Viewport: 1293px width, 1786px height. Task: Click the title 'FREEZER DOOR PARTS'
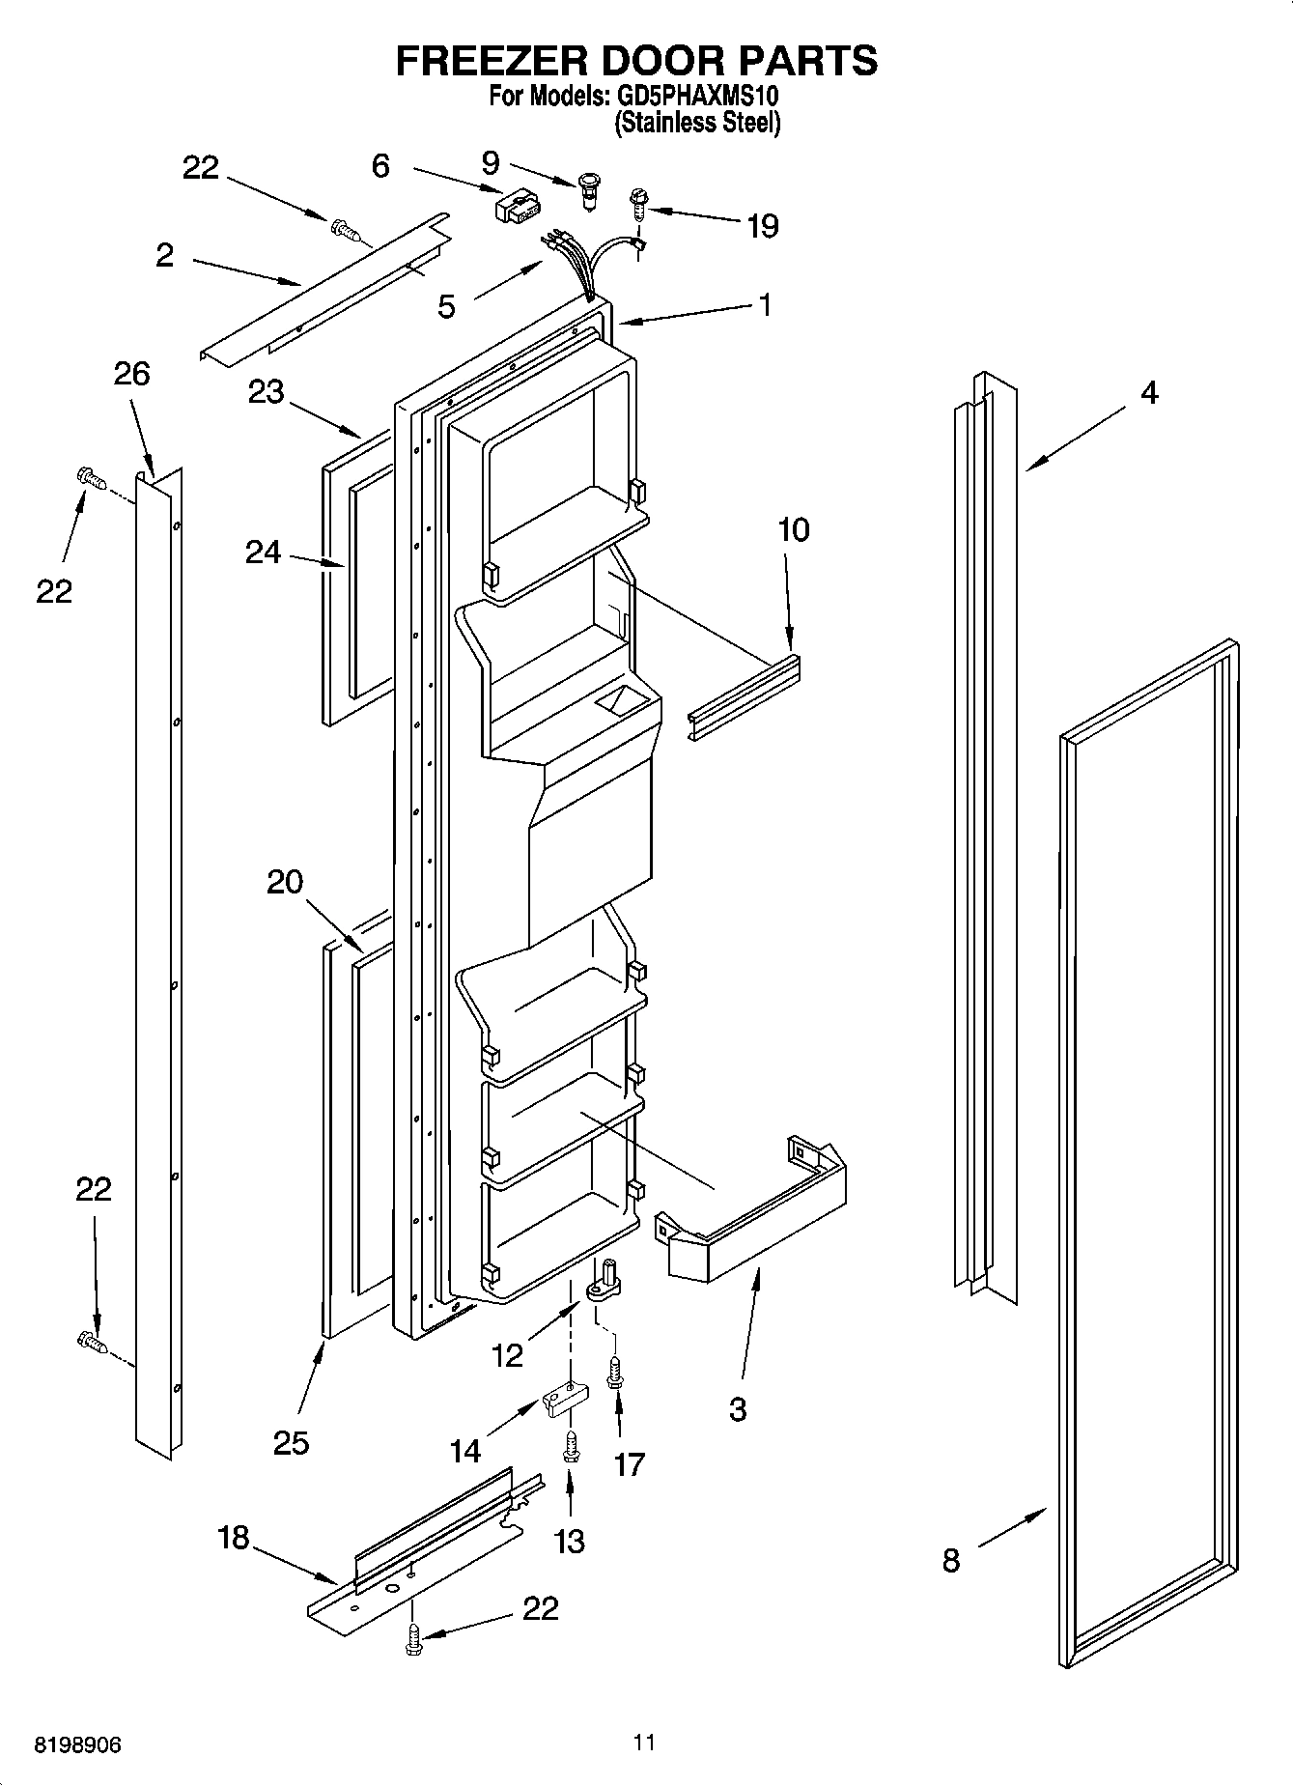tap(636, 60)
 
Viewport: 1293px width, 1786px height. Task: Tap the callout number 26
tap(132, 374)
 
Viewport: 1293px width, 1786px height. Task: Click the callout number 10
tap(793, 530)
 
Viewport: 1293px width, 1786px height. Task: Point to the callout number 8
tap(951, 1560)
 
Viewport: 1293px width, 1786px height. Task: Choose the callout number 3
tap(738, 1409)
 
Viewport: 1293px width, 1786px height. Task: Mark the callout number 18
tap(234, 1537)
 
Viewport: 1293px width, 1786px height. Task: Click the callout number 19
tap(762, 226)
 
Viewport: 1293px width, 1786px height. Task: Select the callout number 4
tap(1149, 392)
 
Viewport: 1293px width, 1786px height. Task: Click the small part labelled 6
tap(515, 205)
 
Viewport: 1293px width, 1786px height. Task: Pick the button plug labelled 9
tap(588, 186)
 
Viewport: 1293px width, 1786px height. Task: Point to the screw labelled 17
tap(614, 1373)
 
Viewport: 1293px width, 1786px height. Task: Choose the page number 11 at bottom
tap(644, 1743)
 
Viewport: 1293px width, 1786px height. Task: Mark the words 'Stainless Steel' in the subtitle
tap(697, 123)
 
